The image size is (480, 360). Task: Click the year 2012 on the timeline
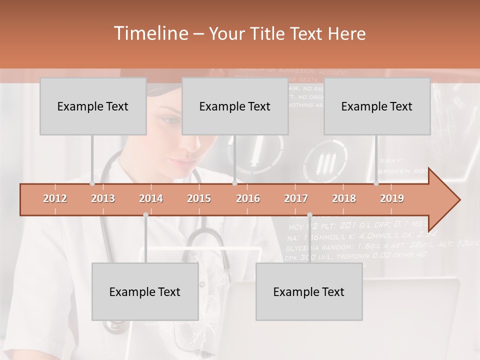[x=55, y=198]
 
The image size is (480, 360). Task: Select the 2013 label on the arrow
[x=103, y=198]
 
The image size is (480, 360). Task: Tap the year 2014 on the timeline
[x=151, y=198]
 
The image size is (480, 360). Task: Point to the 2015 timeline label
[x=199, y=198]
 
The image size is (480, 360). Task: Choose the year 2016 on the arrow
[x=248, y=198]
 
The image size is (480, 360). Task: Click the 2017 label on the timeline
[x=296, y=198]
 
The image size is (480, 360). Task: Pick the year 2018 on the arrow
[x=344, y=198]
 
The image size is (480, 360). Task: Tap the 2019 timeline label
[x=392, y=198]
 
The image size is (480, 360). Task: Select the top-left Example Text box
[x=93, y=106]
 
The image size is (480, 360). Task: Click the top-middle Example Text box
[x=235, y=106]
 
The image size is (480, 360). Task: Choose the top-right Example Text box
[x=377, y=106]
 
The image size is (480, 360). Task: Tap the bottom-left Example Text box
[x=145, y=292]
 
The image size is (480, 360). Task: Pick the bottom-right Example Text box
[x=309, y=292]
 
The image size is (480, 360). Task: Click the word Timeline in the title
[x=150, y=33]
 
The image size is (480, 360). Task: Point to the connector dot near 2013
[x=92, y=183]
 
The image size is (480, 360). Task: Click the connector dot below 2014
[x=145, y=215]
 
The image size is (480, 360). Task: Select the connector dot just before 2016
[x=234, y=183]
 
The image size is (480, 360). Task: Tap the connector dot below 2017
[x=309, y=215]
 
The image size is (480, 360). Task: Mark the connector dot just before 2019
[x=376, y=183]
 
